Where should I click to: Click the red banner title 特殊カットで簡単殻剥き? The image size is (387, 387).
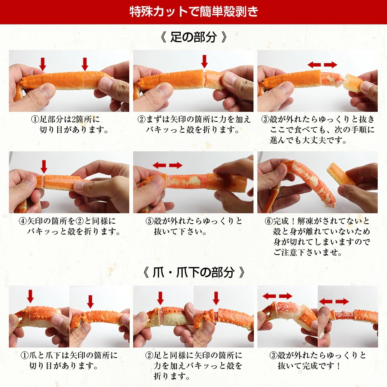193,11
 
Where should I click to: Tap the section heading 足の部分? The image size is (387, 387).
193,38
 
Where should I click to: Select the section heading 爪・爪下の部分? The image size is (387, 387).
193,272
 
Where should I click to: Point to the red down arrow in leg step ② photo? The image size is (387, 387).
204,61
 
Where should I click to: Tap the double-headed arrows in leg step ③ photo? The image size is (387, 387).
322,65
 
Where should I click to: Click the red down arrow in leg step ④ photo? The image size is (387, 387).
44,166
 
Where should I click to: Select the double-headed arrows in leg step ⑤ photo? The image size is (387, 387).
167,165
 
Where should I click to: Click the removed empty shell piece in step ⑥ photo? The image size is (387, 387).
340,174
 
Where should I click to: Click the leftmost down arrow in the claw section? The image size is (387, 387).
31,296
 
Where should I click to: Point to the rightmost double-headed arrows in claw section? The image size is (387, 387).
334,301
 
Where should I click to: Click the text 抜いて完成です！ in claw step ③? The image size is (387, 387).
310,365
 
